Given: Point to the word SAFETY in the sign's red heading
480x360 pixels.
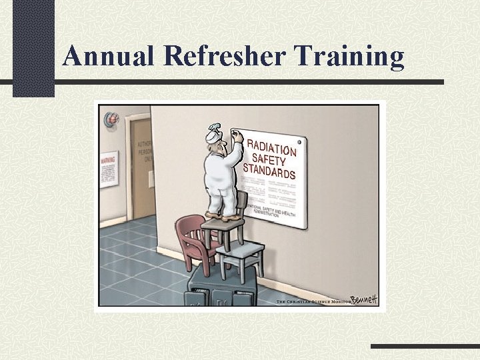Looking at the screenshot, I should [x=269, y=160].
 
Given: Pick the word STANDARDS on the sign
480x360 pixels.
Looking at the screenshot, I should [x=269, y=170].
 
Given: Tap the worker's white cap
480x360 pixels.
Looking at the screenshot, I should [x=215, y=136].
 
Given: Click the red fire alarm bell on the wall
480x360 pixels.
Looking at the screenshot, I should [x=111, y=120].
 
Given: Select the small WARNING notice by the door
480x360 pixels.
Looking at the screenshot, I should [x=109, y=169].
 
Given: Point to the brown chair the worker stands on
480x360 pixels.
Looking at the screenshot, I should [x=227, y=223].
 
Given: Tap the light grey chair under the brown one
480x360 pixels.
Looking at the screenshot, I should [x=240, y=257].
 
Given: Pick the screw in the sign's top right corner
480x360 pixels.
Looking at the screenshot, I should [x=301, y=141].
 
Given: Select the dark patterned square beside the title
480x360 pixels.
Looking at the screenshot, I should [x=33, y=48].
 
